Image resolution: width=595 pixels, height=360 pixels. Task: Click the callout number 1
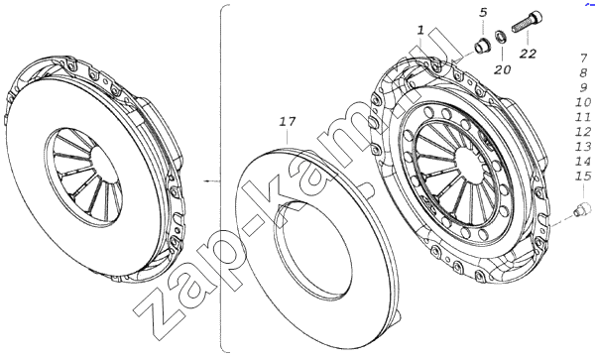pyautogui.click(x=420, y=31)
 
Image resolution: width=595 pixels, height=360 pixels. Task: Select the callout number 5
pyautogui.click(x=483, y=13)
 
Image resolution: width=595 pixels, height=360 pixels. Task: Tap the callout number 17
pyautogui.click(x=288, y=122)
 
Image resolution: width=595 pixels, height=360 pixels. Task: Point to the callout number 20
pyautogui.click(x=503, y=69)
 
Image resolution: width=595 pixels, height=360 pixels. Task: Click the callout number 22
pyautogui.click(x=528, y=54)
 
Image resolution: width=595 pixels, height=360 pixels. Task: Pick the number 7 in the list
pyautogui.click(x=584, y=59)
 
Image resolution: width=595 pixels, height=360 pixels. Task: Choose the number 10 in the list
pyautogui.click(x=583, y=102)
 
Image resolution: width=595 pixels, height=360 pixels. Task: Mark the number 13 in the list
pyautogui.click(x=583, y=147)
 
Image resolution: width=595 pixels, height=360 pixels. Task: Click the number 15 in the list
pyautogui.click(x=583, y=176)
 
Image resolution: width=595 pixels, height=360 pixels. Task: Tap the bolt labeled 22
pyautogui.click(x=528, y=22)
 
